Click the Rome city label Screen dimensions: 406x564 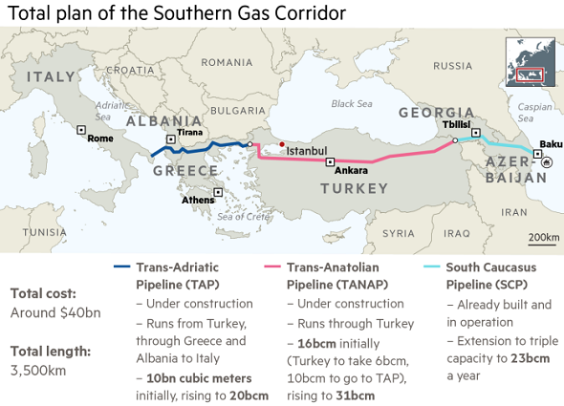[x=100, y=139]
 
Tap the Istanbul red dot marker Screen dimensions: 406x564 [x=282, y=144]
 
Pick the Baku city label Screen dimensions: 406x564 [x=551, y=144]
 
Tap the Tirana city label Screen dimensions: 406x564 [x=189, y=132]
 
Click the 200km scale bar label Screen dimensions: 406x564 [x=544, y=236]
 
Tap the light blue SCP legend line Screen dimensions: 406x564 [x=433, y=267]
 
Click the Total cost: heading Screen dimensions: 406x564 [x=43, y=293]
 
